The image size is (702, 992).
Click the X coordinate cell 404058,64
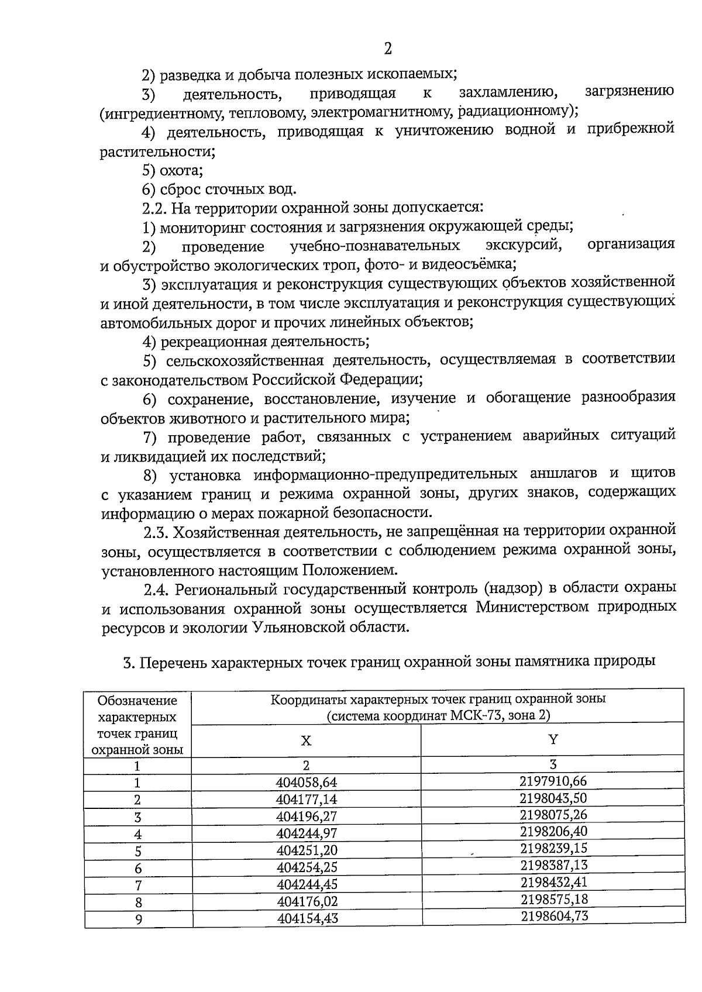tap(307, 783)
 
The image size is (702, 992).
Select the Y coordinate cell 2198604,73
tap(553, 915)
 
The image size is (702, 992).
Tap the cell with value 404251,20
tap(307, 850)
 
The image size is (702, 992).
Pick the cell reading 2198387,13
tap(553, 865)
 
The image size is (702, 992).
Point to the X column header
tap(306, 740)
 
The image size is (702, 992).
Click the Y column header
tap(553, 739)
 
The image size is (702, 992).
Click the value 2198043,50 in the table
tap(553, 798)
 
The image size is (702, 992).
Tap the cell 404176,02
tap(307, 901)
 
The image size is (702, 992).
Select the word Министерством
tap(531, 607)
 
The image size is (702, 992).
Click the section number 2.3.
tap(155, 532)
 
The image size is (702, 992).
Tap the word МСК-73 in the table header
tap(473, 715)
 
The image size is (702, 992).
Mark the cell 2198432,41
tap(553, 882)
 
